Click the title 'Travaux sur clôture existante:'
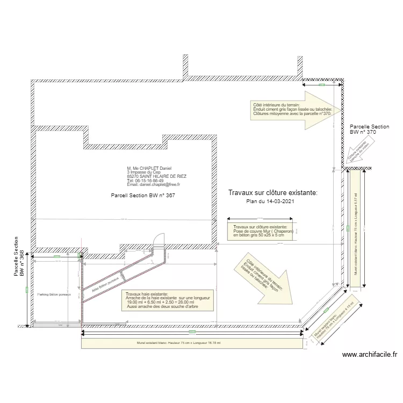click(272, 192)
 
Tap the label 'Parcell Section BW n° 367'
click(143, 196)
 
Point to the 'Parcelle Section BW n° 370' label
click(369, 128)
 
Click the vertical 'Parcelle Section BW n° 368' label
click(19, 256)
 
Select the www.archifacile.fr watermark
click(369, 355)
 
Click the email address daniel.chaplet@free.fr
click(153, 184)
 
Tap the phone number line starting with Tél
click(145, 181)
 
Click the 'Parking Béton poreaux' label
click(54, 295)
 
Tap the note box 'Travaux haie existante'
click(168, 302)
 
